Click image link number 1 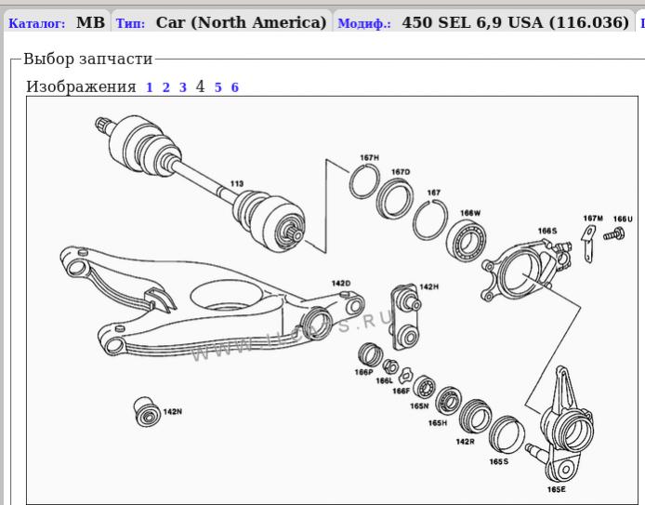click(x=149, y=87)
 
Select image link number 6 click(x=235, y=87)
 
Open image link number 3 click(x=183, y=87)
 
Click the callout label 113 click(x=237, y=184)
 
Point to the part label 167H click(x=369, y=158)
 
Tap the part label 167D click(x=401, y=172)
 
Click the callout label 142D click(x=341, y=284)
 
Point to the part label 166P click(x=363, y=373)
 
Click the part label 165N click(x=418, y=405)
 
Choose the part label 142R click(x=465, y=441)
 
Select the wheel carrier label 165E click(x=557, y=489)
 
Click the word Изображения click(x=81, y=87)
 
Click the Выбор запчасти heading click(x=87, y=60)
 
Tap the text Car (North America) click(x=242, y=22)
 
